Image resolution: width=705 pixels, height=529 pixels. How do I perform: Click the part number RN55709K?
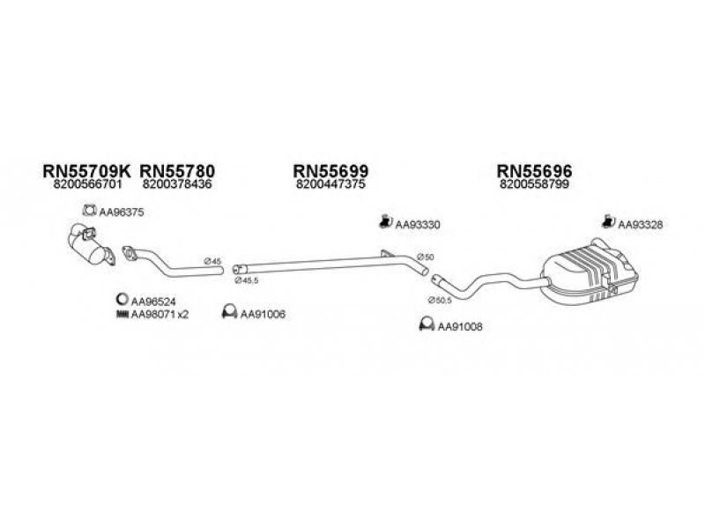coord(86,171)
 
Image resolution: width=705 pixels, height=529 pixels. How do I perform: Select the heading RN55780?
coord(177,171)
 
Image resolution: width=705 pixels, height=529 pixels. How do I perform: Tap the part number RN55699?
coord(330,171)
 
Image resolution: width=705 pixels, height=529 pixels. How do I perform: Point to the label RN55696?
coord(534,171)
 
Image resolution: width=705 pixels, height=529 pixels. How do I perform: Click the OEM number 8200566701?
coord(87,184)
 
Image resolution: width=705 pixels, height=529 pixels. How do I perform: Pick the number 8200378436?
coord(177,184)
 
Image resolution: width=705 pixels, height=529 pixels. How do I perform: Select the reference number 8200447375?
coord(330,184)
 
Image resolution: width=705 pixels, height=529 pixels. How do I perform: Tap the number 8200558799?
coord(534,184)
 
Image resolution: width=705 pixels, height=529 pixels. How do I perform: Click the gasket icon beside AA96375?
coord(90,210)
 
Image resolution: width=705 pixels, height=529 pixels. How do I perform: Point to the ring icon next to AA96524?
coord(122,299)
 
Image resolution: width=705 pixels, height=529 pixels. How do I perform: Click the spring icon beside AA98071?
coord(122,315)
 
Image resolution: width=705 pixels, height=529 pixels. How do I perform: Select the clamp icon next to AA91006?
coord(230,312)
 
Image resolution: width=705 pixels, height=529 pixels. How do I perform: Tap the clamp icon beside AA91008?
coord(427,324)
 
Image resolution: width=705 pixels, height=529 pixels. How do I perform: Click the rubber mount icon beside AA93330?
coord(385,221)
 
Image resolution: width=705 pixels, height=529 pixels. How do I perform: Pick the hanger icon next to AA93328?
coord(608,221)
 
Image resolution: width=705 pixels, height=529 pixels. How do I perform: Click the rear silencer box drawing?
coord(589,272)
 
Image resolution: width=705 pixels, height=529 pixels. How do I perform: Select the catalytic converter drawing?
coord(92,246)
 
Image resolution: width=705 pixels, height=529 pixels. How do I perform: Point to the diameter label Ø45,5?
coord(247,280)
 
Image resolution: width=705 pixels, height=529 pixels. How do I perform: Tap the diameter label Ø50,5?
coord(439,300)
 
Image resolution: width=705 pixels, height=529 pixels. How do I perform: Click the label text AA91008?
coord(460,326)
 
